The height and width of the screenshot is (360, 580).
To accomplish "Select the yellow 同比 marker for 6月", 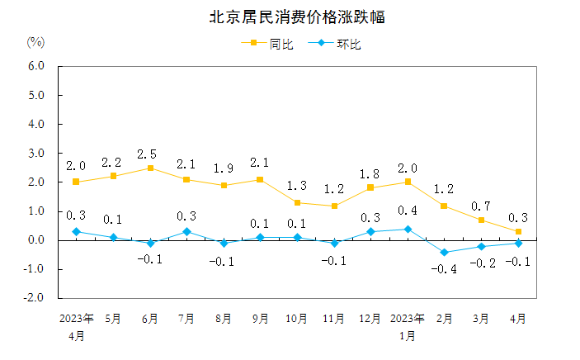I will click(150, 168).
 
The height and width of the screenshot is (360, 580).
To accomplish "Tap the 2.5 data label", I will click(150, 154).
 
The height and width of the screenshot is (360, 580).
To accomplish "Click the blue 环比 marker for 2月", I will click(444, 252).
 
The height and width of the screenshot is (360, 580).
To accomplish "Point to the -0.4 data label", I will click(446, 269).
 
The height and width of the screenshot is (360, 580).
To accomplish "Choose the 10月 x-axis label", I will click(297, 318).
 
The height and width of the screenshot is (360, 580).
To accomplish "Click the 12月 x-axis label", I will click(370, 318).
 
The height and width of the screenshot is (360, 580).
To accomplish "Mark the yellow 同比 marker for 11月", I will click(334, 206).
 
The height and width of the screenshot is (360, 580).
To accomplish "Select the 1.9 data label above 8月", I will click(224, 168).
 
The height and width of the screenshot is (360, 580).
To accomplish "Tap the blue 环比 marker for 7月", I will click(186, 231).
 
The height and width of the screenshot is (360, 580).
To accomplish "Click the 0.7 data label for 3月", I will click(481, 205).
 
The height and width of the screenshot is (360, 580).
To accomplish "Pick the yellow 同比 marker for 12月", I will click(370, 187).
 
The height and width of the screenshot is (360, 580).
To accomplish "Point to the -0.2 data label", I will click(482, 263).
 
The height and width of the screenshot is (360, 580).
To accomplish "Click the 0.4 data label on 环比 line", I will click(408, 212).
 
